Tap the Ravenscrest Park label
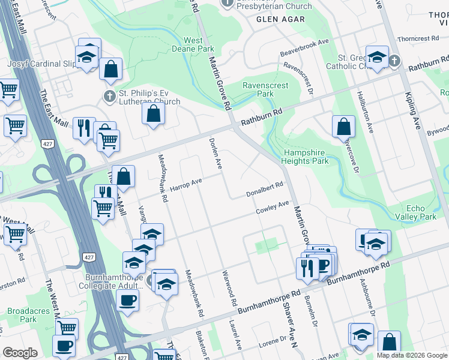265,90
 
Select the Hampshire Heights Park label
306,157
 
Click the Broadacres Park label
22,316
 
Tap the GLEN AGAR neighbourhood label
280,19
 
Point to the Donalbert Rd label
264,190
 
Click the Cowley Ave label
273,208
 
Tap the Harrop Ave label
185,183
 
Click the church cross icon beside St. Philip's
109,96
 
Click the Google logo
20,353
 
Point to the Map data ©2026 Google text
411,355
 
